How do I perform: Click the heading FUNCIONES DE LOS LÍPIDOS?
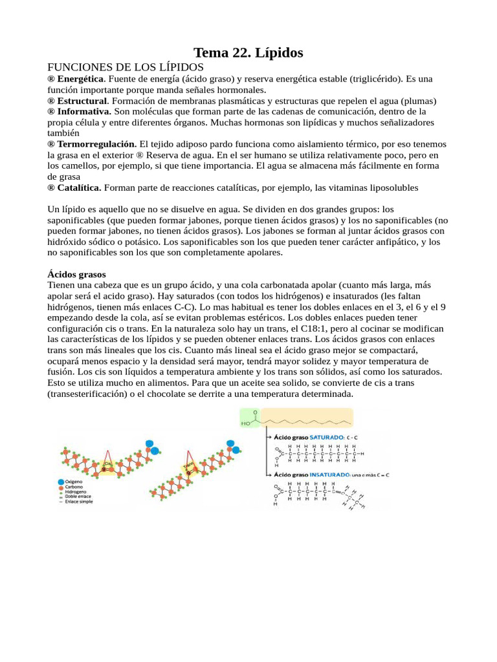click(126, 67)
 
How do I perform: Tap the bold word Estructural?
click(82, 101)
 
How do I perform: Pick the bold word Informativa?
click(83, 112)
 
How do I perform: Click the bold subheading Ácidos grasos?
click(77, 275)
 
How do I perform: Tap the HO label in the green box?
click(246, 424)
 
